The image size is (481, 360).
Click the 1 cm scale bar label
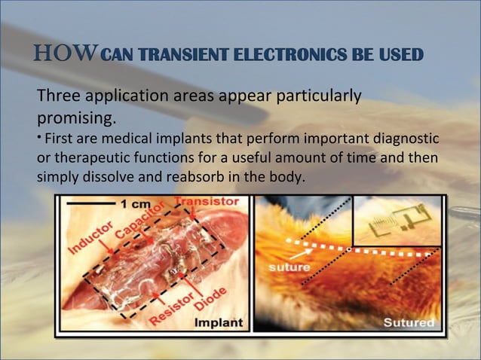tap(136, 204)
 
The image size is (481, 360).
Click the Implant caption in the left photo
tap(219, 323)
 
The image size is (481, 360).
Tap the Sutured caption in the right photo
tap(409, 323)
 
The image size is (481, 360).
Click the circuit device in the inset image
tap(396, 219)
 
